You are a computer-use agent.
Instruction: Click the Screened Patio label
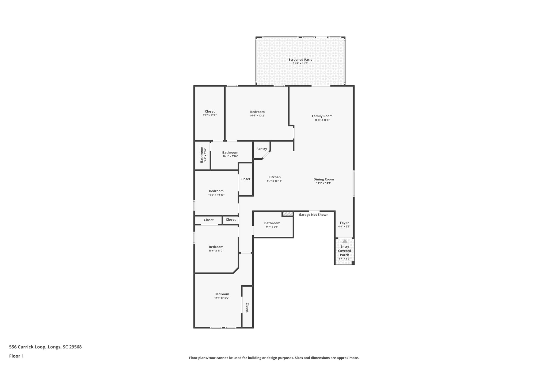tap(300, 60)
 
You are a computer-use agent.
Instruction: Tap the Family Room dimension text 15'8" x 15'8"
tap(322, 120)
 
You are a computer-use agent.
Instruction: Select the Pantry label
tap(261, 149)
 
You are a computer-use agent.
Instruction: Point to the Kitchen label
tap(275, 177)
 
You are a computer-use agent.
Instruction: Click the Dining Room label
tap(324, 179)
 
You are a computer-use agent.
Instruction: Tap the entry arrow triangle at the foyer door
tap(345, 241)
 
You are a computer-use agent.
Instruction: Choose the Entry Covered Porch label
tap(344, 251)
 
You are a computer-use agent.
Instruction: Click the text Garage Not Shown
tap(313, 215)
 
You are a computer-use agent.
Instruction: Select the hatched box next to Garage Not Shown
tap(288, 214)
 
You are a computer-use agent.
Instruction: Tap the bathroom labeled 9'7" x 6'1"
tap(272, 225)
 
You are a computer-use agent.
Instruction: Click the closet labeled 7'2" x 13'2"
tap(210, 113)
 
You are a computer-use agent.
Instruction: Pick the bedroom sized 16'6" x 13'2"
tap(257, 113)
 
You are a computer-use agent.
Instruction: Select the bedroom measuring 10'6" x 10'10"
tap(216, 193)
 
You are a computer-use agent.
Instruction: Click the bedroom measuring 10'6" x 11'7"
tap(216, 248)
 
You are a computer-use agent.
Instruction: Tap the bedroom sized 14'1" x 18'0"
tap(222, 296)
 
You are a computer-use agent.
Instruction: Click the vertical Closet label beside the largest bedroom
tap(247, 308)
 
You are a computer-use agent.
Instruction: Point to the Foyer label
tap(344, 223)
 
